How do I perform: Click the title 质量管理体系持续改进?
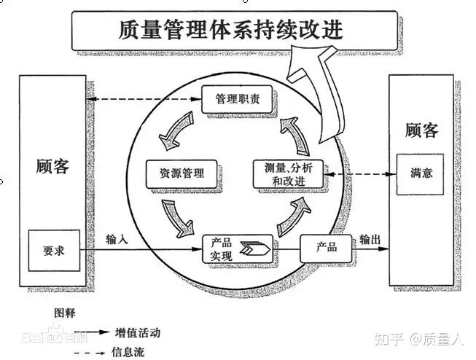coord(231,30)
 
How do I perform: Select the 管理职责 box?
coord(237,100)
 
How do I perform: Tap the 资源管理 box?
coord(182,174)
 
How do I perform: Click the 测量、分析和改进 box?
coord(288,174)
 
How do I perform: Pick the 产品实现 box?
coord(238,249)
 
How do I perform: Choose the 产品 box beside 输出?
coord(326,249)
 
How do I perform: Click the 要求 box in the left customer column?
coord(54,251)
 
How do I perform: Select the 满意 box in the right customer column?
coord(420,174)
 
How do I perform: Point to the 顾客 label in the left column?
coord(52,166)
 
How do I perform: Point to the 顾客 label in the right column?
coord(422,130)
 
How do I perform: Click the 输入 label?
coord(117,240)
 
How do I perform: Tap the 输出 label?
coord(370,240)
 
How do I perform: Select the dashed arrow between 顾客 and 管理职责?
coord(144,99)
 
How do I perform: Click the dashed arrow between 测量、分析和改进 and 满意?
coord(360,174)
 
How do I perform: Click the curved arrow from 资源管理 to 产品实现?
coord(177,218)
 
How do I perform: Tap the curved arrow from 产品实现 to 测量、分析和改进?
coord(294,216)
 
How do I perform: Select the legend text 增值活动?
coord(138,333)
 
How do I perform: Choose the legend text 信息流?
coord(128,353)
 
